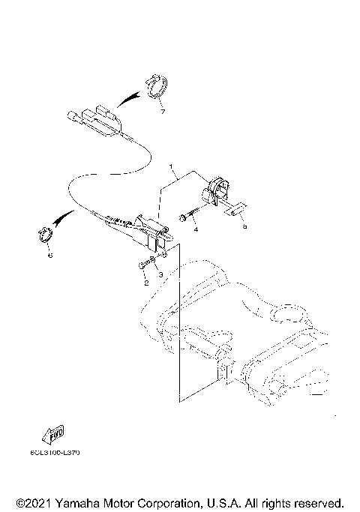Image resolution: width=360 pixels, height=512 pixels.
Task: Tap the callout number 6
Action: [50, 256]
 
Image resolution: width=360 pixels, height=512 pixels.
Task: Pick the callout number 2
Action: [145, 283]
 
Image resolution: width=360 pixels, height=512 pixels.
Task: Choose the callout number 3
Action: [159, 276]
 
